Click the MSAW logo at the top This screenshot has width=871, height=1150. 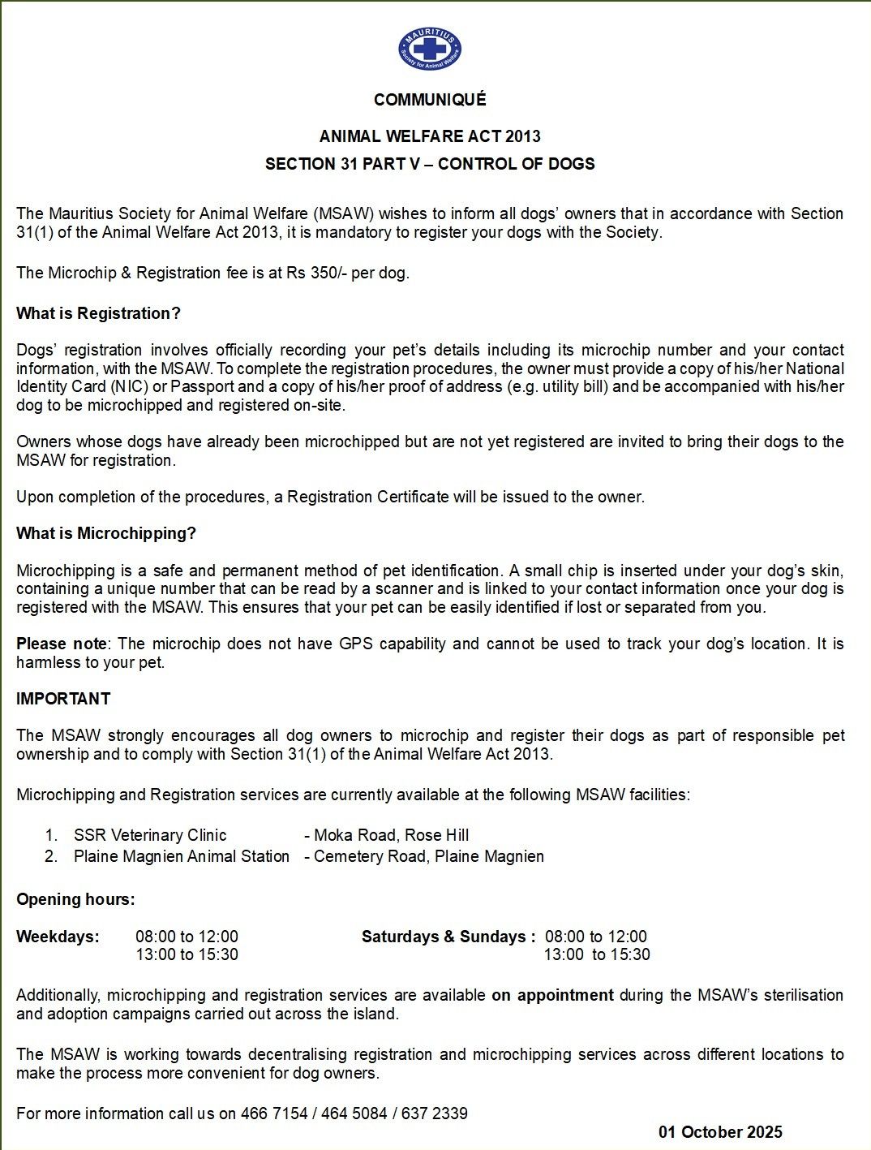point(430,49)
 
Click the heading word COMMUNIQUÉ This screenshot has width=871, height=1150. point(430,100)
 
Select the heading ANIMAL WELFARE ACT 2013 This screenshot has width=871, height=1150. point(430,136)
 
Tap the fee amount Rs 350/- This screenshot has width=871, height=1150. point(316,273)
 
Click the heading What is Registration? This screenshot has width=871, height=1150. point(98,313)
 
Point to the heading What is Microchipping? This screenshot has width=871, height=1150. point(106,533)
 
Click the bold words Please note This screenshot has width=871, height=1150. point(62,644)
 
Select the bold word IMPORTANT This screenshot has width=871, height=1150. point(63,699)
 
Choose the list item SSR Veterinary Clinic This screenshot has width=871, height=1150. point(150,835)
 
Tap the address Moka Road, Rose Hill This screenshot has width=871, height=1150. point(392,835)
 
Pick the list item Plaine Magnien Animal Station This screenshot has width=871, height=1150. point(182,856)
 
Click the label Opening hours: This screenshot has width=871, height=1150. point(75,899)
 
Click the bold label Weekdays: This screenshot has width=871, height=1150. point(58,937)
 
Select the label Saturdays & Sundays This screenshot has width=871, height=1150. point(447,937)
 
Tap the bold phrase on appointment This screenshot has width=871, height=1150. point(552,995)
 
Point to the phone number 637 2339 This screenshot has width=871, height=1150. point(435,1113)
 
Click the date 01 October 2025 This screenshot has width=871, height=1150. point(720,1132)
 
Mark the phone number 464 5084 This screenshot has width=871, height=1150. point(354,1113)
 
